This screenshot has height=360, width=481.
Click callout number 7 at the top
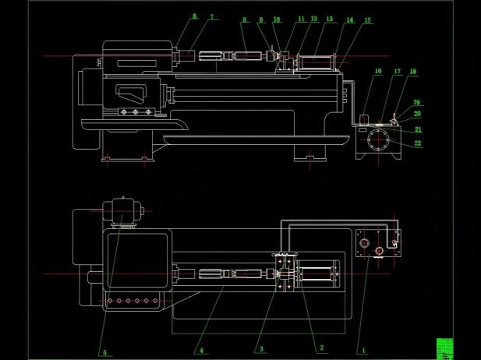pyautogui.click(x=210, y=17)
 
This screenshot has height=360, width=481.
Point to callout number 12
pyautogui.click(x=313, y=19)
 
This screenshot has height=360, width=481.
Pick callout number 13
pyautogui.click(x=330, y=19)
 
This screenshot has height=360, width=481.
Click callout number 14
pyautogui.click(x=349, y=20)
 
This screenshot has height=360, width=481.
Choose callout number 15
pyautogui.click(x=368, y=20)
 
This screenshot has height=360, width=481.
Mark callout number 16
pyautogui.click(x=378, y=72)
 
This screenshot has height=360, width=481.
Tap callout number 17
pyautogui.click(x=397, y=72)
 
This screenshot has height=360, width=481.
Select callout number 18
pyautogui.click(x=413, y=72)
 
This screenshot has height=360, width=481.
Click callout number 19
pyautogui.click(x=417, y=103)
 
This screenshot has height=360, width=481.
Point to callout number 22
pyautogui.click(x=418, y=143)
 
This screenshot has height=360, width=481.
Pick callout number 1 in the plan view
pyautogui.click(x=360, y=351)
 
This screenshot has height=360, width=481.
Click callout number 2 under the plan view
pyautogui.click(x=320, y=348)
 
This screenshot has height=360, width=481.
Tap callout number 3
pyautogui.click(x=262, y=350)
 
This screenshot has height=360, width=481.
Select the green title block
pyautogui.click(x=444, y=348)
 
